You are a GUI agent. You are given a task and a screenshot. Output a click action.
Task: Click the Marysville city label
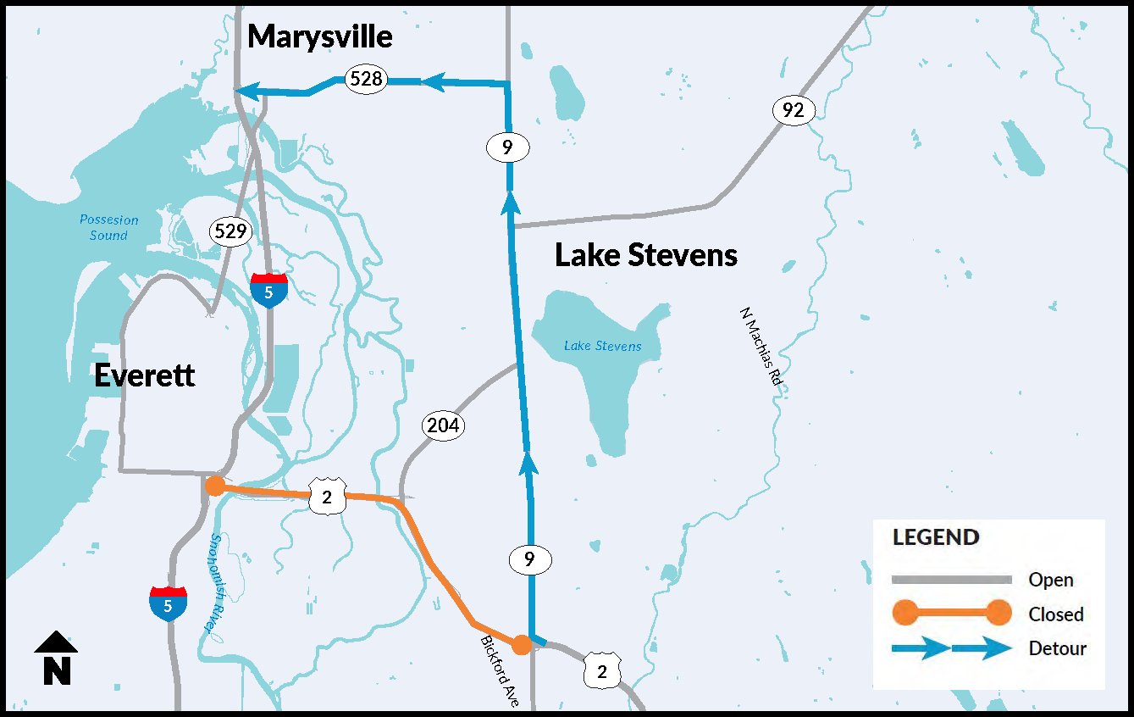320,36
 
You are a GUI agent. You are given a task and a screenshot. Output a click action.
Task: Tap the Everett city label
145,375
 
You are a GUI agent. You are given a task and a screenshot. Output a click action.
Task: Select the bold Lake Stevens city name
646,255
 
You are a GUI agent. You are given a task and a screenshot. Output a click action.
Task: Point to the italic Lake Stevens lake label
603,346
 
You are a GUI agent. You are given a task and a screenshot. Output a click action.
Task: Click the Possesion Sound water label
108,227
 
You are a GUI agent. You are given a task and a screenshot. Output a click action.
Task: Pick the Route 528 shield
366,80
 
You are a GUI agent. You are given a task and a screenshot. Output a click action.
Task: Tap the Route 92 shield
794,110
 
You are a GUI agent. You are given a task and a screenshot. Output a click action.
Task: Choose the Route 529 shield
231,231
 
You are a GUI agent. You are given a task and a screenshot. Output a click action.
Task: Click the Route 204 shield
443,425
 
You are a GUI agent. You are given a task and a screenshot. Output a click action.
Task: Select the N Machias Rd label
760,347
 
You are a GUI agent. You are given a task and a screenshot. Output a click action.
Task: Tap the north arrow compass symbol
56,658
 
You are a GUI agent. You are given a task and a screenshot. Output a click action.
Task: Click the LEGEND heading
936,537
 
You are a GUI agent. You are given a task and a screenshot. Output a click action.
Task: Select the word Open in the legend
1051,580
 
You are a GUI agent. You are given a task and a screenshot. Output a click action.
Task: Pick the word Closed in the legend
1056,614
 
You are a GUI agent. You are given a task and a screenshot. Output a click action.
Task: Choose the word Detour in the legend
1057,649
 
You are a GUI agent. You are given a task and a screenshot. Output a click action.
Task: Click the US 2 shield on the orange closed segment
328,497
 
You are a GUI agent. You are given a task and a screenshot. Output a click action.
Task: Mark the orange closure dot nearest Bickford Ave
522,645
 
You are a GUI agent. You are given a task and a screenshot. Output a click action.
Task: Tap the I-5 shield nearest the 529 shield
268,291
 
